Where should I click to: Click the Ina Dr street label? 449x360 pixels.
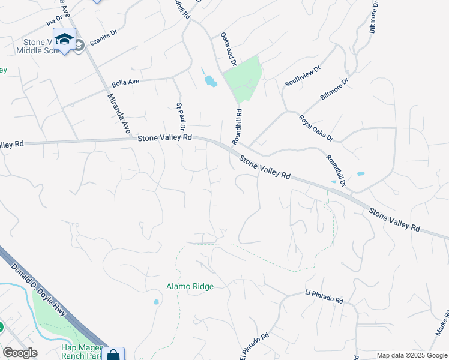[x=54, y=23]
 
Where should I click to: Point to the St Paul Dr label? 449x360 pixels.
[x=180, y=116]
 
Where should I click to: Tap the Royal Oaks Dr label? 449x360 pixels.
[x=316, y=127]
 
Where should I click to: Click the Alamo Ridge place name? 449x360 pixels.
[x=190, y=286]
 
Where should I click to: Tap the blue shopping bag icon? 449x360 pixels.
[x=113, y=354]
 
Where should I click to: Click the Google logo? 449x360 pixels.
[x=20, y=353]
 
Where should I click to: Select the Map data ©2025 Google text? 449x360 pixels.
[x=411, y=355]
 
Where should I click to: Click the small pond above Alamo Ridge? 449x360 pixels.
[x=157, y=302]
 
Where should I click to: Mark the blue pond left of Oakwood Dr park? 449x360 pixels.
[x=210, y=80]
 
